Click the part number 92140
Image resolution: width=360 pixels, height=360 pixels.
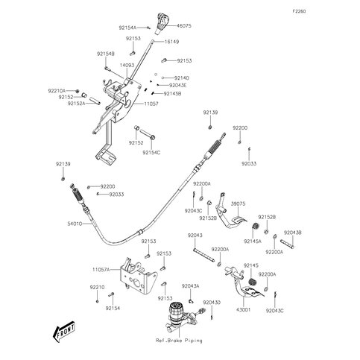[x=181, y=78]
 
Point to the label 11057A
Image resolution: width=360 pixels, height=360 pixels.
[x=101, y=269]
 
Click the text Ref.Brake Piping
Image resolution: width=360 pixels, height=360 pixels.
[x=179, y=340]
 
